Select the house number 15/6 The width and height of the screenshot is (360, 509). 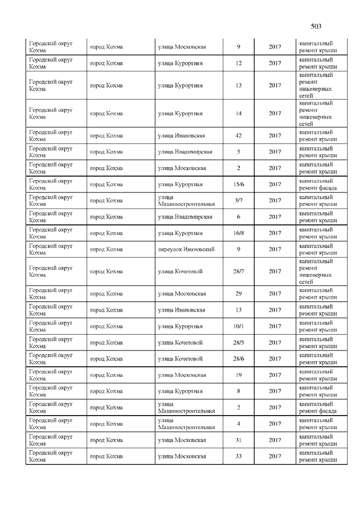point(238,184)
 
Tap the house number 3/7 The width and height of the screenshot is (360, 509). point(238,201)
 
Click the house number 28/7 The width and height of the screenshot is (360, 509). point(238,272)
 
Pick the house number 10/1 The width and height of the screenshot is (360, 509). point(238,326)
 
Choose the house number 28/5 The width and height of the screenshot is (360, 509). point(238,343)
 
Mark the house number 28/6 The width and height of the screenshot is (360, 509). point(238,359)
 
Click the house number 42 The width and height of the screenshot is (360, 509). point(238,136)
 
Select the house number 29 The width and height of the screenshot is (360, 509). point(238,294)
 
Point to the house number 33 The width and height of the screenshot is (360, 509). point(238,456)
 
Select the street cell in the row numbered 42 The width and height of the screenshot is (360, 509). point(181,136)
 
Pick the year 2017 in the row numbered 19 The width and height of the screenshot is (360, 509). point(274,375)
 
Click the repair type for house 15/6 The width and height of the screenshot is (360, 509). point(318,184)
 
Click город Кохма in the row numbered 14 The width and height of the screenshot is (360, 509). point(106,114)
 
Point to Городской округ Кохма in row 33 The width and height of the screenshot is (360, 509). point(51,456)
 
